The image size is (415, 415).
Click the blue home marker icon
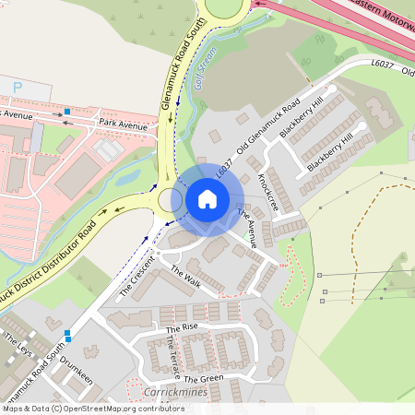[207, 198]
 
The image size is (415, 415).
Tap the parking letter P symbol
[17, 87]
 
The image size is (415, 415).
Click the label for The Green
[203, 379]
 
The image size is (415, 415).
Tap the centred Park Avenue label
[124, 125]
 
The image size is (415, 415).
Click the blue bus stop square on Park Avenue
[67, 113]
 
